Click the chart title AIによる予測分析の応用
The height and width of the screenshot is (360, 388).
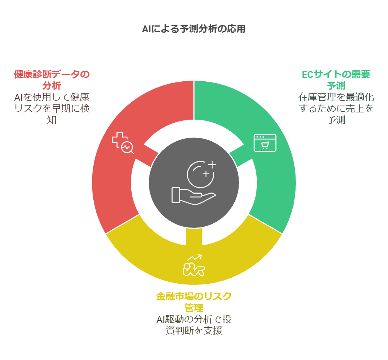coord(193,29)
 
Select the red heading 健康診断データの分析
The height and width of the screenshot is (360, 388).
coord(52,80)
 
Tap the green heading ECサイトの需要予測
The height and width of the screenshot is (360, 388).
coord(336,80)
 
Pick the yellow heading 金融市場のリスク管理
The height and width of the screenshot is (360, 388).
coord(194,302)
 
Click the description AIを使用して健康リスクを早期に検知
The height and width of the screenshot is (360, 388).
coord(52,108)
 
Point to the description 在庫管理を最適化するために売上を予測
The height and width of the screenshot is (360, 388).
coord(336,108)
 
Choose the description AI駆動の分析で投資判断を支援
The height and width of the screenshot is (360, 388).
coord(194,325)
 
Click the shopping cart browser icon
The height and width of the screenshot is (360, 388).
coord(265,143)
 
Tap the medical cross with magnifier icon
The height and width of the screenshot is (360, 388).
coord(123,143)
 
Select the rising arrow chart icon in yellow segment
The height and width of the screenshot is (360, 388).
coord(194,265)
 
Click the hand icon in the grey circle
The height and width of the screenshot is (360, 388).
coord(193,196)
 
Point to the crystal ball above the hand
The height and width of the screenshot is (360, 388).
coord(201,174)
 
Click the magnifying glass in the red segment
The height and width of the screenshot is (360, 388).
coord(127,148)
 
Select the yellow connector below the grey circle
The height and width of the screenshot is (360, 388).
coord(194,237)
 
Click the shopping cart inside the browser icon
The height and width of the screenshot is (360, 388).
coord(265,145)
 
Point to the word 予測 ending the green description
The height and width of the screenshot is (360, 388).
coord(336,120)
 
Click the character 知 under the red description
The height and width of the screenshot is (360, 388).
coord(52,120)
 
